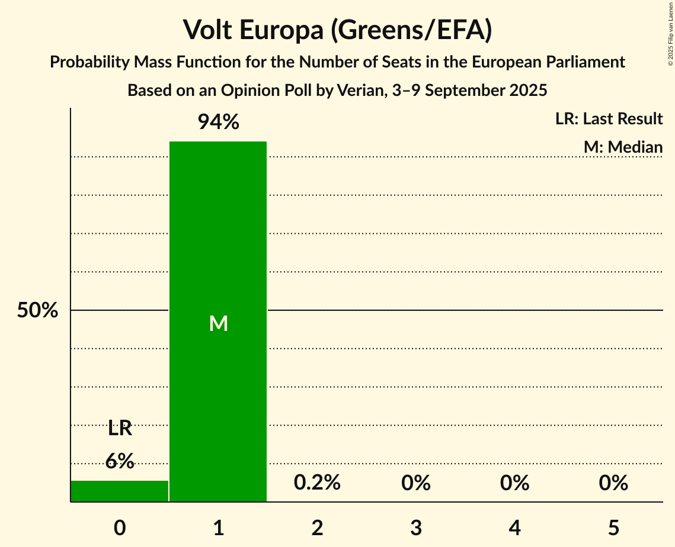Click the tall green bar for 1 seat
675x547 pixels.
coord(218,237)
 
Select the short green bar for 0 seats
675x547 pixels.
coord(120,491)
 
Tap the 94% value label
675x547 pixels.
coord(218,123)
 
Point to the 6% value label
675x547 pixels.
coord(120,461)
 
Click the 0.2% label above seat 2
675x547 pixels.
coord(317,483)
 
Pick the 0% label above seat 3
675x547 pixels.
coord(416,483)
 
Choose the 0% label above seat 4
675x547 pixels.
coord(514,483)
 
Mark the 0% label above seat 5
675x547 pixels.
coord(613,483)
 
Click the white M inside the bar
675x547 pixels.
coord(218,323)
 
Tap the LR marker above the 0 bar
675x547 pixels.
coord(120,428)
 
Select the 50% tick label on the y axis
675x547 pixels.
coord(37,310)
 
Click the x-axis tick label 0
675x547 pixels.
coord(120,527)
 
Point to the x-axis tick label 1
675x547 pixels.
coord(218,527)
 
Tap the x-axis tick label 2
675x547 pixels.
coord(317,527)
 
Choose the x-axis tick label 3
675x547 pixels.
coord(416,527)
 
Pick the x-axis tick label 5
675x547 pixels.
coord(613,527)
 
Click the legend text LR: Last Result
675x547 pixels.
coord(609,119)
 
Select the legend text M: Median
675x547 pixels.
coord(623,147)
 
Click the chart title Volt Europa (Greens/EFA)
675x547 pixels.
coord(337,30)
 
